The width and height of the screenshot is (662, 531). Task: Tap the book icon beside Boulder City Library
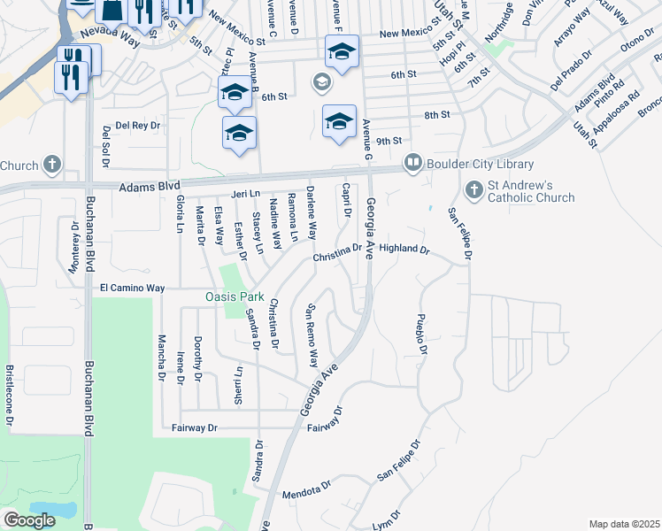point(412,163)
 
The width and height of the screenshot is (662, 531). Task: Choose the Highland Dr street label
point(404,250)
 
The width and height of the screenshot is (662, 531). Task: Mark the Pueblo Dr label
point(422,335)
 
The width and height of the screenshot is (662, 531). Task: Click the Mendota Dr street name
point(305,486)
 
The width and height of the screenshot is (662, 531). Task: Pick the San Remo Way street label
point(312,336)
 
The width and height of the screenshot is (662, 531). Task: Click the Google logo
point(29,520)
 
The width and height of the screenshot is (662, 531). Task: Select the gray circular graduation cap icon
point(320,84)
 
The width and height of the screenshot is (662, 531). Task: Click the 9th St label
point(389,141)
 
